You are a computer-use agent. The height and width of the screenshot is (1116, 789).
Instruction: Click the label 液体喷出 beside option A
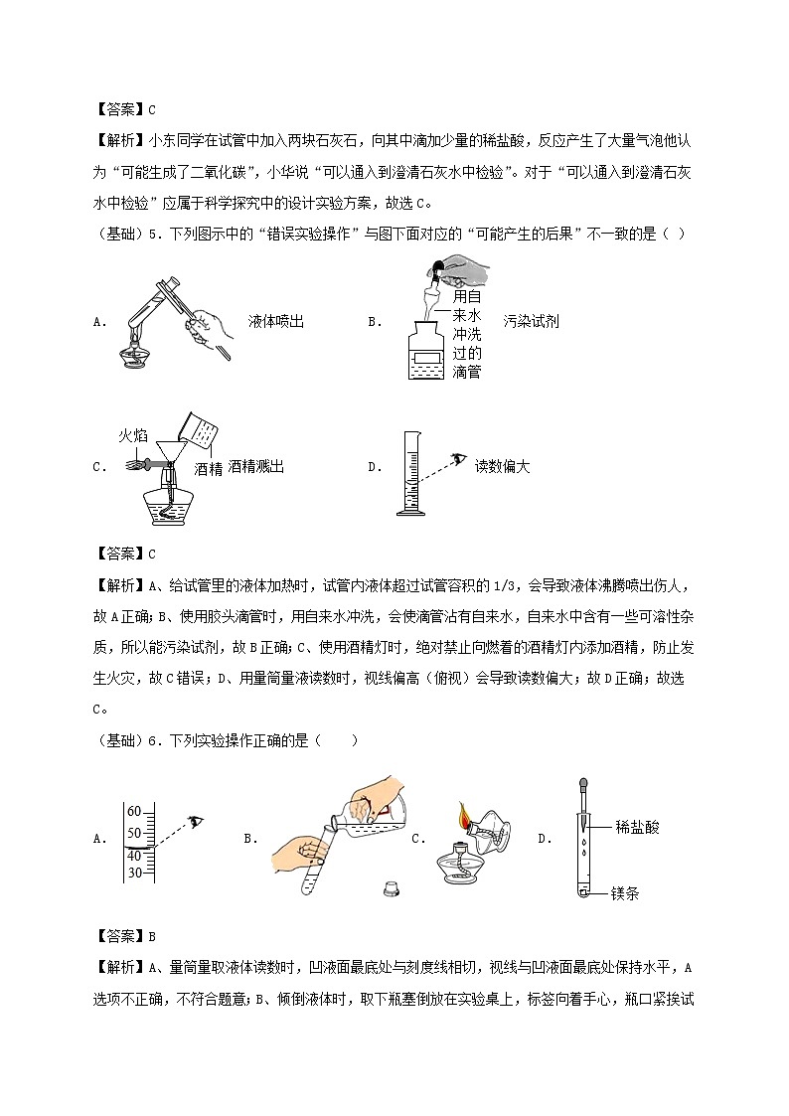(275, 321)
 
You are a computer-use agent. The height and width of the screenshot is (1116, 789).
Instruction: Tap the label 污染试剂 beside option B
(531, 321)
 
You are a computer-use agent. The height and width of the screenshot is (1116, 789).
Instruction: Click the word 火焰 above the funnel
(133, 435)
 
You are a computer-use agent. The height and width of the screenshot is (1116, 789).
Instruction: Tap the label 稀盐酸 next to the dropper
(637, 826)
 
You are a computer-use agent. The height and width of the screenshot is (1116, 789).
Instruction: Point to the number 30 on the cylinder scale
(135, 873)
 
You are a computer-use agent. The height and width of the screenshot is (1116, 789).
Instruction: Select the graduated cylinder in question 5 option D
(406, 473)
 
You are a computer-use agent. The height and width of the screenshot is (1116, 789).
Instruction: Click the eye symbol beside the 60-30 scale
(197, 820)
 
